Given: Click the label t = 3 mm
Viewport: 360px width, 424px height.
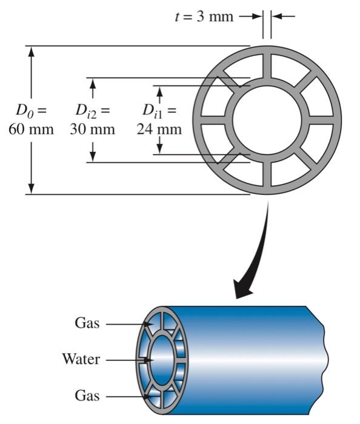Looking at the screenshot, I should pyautogui.click(x=204, y=16).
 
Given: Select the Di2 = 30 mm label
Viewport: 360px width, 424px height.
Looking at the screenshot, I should pyautogui.click(x=92, y=120).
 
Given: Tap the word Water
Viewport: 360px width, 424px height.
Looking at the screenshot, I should pyautogui.click(x=81, y=359).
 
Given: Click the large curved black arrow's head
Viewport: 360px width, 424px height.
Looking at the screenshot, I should pyautogui.click(x=244, y=290).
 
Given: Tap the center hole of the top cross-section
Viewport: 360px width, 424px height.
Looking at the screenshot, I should pyautogui.click(x=267, y=120).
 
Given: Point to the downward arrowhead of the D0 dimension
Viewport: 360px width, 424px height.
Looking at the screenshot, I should pyautogui.click(x=31, y=188).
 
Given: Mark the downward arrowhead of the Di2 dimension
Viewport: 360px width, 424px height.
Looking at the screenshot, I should pyautogui.click(x=93, y=156).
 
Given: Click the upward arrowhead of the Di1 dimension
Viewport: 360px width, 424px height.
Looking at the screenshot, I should pyautogui.click(x=159, y=91).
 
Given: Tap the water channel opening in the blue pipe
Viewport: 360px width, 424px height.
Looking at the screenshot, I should pyautogui.click(x=161, y=360).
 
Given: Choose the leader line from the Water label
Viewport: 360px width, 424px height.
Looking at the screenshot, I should pyautogui.click(x=124, y=360).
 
